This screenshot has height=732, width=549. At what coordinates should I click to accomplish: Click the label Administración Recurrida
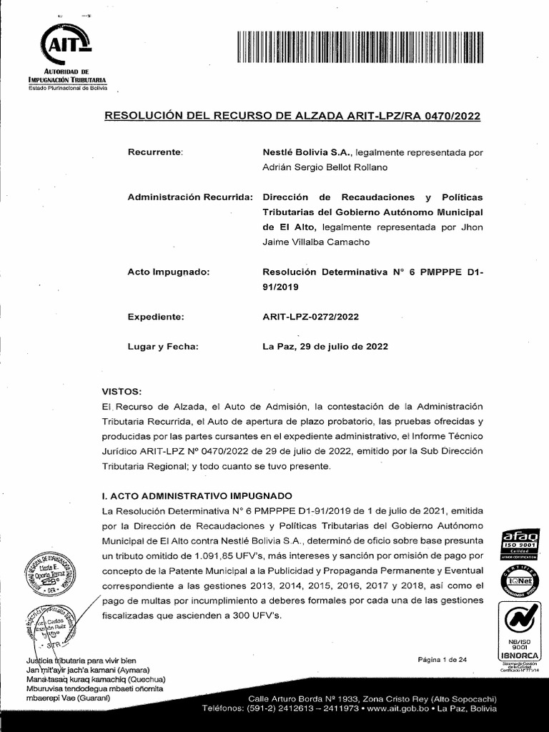(x=189, y=197)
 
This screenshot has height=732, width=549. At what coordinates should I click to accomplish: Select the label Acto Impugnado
(x=168, y=272)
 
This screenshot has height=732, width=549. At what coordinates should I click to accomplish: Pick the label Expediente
(x=156, y=317)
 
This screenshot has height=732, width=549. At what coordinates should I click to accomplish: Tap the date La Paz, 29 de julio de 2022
(x=325, y=346)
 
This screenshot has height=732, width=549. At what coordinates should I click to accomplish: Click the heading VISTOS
(x=122, y=392)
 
